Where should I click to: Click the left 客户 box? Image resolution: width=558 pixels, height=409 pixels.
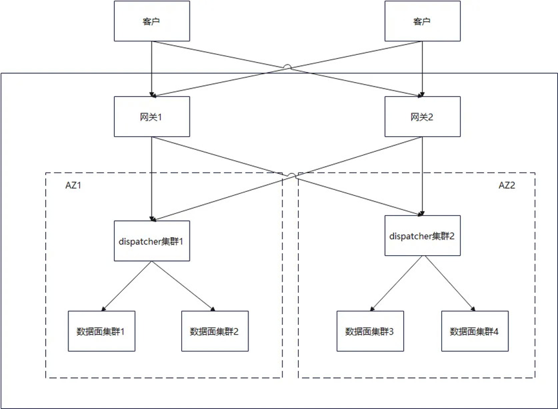(152, 21)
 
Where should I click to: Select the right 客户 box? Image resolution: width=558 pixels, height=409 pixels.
(422, 21)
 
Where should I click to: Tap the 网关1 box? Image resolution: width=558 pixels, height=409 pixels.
(152, 117)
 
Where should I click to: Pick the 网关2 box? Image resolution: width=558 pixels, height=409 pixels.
(422, 117)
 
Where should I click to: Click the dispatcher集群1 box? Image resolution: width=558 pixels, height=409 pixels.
(152, 241)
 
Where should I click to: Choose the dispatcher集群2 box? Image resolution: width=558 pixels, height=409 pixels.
(422, 235)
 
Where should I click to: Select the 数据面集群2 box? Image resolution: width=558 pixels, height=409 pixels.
(214, 331)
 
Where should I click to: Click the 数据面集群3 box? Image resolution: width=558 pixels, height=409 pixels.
(369, 331)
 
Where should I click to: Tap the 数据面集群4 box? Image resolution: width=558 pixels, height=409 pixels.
(474, 331)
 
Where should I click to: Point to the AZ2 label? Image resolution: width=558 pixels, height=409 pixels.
(507, 184)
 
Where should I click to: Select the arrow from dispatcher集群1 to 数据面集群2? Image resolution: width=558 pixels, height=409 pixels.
(183, 286)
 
